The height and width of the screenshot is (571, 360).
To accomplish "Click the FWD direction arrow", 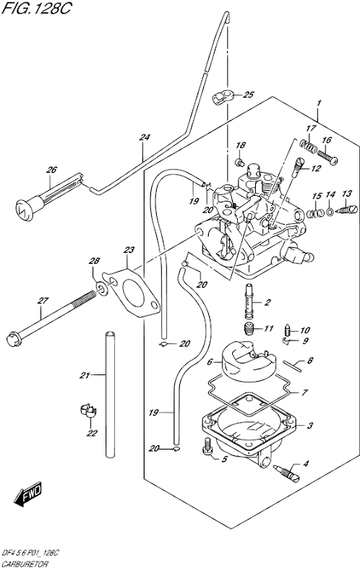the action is coord(28,494).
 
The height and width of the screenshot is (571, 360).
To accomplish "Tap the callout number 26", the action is coord(51,170).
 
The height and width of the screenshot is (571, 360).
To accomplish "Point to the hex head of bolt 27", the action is coord(14,339).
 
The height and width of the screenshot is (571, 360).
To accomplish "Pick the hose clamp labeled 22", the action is coord(88,411).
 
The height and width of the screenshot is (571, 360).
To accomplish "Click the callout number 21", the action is coord(85,375).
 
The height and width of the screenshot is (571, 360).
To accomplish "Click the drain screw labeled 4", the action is coord(286,473).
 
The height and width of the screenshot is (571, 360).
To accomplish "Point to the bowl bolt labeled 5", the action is coord(207,447).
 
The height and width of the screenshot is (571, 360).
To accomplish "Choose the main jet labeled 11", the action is coord(249,329).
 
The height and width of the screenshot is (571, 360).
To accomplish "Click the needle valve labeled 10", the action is coord(287,330).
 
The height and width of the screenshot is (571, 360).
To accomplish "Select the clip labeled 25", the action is coord(222,98).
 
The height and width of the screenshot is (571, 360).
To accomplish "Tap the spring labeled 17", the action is coord(308,146).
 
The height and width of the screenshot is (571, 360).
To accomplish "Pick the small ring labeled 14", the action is coord(330,212).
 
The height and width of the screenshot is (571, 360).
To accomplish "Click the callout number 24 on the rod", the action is coord(145,137).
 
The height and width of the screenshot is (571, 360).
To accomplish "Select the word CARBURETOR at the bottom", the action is coord(25,564).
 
